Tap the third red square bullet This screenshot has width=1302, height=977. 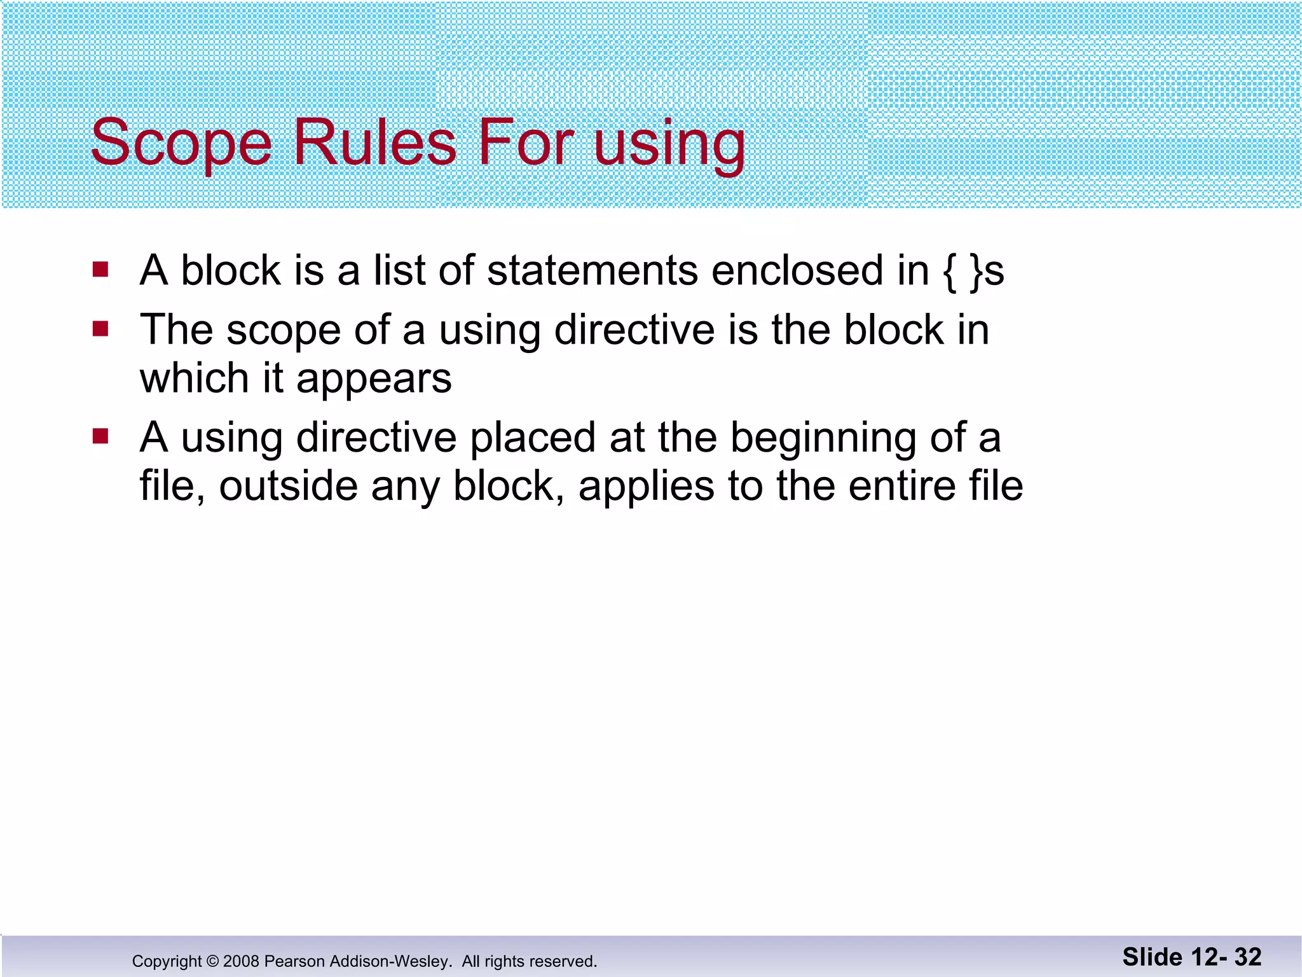(x=100, y=436)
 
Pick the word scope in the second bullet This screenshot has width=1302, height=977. (x=284, y=331)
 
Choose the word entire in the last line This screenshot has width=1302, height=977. (x=901, y=487)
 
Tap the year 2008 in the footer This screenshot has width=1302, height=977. (x=241, y=961)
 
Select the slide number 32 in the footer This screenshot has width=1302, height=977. (x=1248, y=957)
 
